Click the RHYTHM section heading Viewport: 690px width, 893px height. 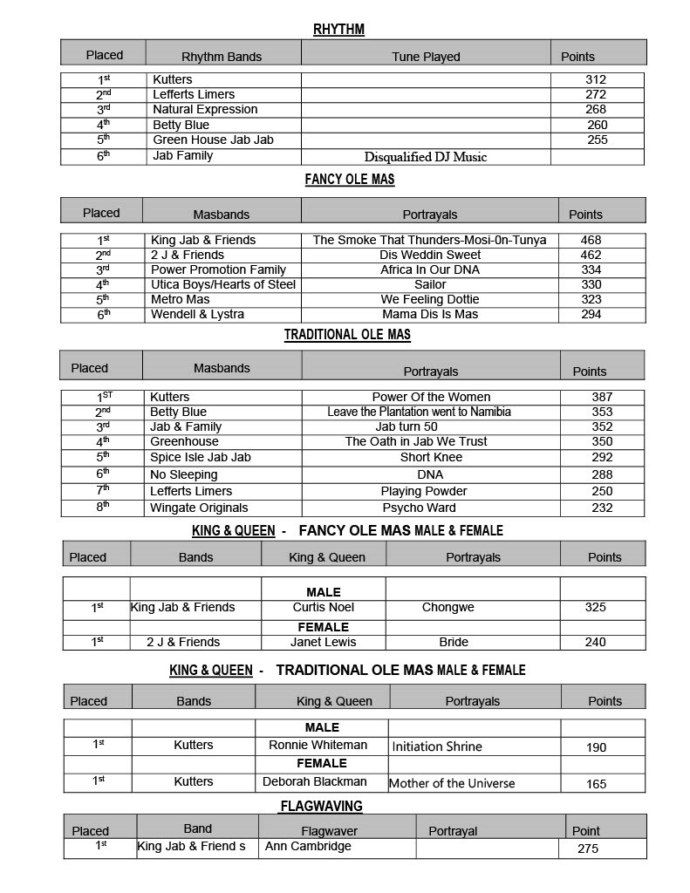point(338,30)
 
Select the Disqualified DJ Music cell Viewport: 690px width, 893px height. point(425,157)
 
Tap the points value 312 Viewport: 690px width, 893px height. point(596,79)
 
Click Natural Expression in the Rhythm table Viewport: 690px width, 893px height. point(205,109)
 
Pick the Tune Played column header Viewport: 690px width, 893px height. point(426,57)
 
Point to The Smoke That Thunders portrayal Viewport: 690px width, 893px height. point(429,240)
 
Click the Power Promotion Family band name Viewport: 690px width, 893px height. point(218,269)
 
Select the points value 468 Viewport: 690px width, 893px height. point(591,240)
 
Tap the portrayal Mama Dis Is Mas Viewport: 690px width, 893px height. point(430,314)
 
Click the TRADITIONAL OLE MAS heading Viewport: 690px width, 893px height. point(347,334)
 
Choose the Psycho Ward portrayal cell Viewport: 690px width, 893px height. point(419,508)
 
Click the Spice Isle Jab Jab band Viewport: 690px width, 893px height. point(200,457)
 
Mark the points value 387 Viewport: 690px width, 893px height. point(602,397)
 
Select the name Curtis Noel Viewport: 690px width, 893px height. point(323,607)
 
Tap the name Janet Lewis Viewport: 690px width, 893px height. point(323,642)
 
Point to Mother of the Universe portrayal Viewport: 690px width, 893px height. point(452,783)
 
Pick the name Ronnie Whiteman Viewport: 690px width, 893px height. point(318,745)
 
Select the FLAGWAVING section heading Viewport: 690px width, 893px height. point(321,806)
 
